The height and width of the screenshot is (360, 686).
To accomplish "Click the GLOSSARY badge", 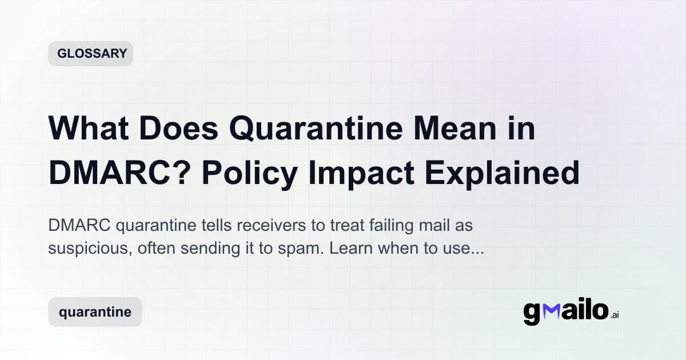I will [90, 54].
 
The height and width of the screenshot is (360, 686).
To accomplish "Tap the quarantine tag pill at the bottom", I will [95, 312].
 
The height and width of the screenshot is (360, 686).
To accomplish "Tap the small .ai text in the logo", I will [614, 315].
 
